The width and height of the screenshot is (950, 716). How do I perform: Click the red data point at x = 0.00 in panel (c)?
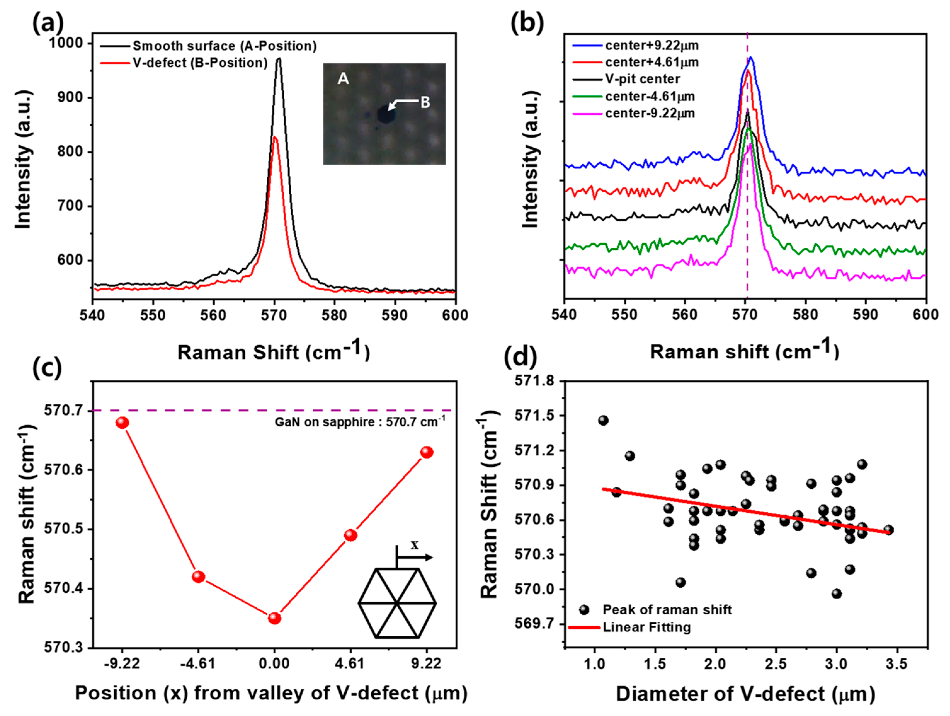(x=275, y=618)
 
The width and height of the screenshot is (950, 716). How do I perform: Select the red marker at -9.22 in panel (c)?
(x=122, y=423)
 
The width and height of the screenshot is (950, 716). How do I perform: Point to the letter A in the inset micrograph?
(x=343, y=79)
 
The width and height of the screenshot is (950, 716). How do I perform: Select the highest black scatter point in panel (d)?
(x=603, y=420)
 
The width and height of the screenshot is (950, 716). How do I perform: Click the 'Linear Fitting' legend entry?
(x=646, y=627)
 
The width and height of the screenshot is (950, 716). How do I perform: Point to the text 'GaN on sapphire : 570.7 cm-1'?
(x=360, y=422)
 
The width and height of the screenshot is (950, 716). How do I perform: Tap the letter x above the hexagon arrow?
(x=414, y=545)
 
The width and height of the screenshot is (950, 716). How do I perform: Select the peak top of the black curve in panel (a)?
(x=279, y=59)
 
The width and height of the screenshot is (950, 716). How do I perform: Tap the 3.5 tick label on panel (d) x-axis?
(x=897, y=664)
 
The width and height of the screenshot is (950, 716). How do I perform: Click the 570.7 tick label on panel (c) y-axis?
(x=63, y=411)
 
